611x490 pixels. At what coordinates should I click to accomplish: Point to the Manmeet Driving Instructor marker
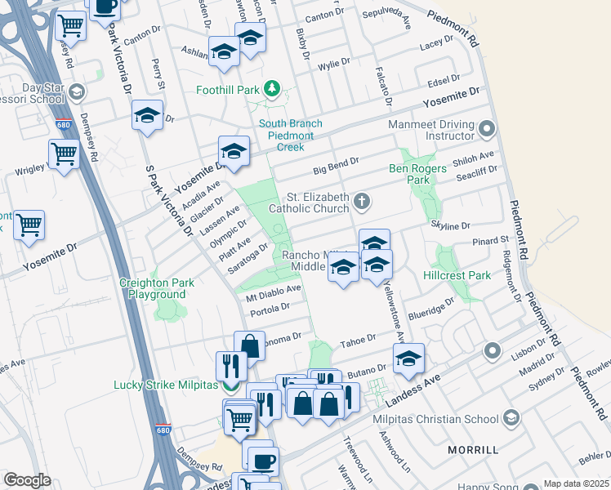(488, 128)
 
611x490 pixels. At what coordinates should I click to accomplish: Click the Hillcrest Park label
(457, 275)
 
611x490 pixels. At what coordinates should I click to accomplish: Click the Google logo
(27, 479)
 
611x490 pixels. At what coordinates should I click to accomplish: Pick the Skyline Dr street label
(454, 226)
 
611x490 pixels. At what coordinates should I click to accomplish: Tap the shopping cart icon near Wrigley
(63, 153)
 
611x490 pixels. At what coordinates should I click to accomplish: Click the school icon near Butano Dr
(408, 357)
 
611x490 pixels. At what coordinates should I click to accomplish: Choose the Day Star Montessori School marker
(78, 91)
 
